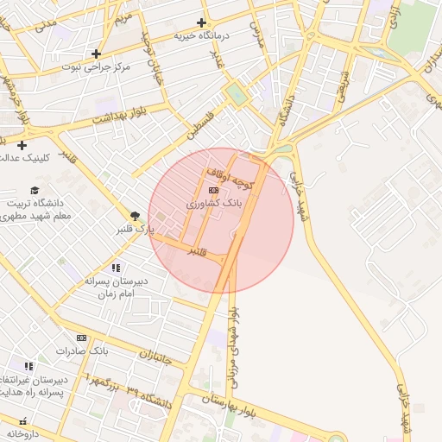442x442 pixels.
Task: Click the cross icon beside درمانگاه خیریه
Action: click(x=202, y=22)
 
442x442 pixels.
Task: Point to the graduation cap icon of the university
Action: click(x=35, y=190)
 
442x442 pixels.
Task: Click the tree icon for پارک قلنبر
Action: click(x=135, y=216)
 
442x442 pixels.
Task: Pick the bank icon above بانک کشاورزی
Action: click(x=213, y=189)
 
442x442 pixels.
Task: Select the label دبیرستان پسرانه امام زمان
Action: click(x=116, y=287)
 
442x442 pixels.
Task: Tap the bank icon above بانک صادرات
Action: click(x=82, y=338)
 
